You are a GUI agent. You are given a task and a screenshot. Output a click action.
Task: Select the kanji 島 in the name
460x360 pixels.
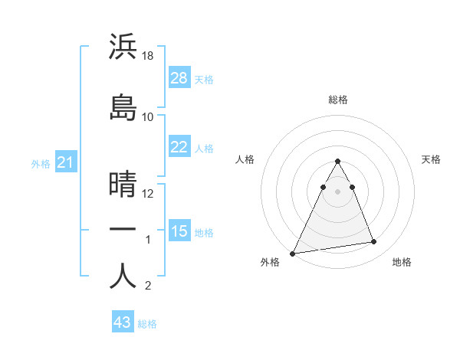(123, 106)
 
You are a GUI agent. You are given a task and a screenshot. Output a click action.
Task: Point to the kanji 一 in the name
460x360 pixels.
(123, 230)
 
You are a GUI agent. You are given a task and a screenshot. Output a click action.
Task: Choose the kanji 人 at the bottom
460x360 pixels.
(123, 275)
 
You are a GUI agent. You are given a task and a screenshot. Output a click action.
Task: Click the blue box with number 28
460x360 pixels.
(179, 78)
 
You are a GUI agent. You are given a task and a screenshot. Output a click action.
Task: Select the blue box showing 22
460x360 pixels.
(179, 147)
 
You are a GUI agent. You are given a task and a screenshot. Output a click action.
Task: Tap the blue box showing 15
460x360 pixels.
(179, 231)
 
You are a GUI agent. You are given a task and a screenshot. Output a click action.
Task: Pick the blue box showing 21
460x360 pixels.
(66, 162)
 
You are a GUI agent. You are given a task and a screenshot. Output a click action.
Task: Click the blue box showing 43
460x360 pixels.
(123, 322)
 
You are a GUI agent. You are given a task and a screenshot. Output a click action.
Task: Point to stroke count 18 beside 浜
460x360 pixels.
(148, 56)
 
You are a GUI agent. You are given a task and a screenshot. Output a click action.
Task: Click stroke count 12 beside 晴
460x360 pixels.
(148, 193)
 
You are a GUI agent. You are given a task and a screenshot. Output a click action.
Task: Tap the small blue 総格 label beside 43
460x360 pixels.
(147, 324)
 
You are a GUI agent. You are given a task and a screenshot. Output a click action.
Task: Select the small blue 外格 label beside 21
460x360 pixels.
(41, 164)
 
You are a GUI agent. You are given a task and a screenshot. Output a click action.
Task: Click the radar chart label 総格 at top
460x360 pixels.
(337, 100)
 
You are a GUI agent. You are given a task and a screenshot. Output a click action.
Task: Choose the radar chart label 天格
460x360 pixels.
(431, 159)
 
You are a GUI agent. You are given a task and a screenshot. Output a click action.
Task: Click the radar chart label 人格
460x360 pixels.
(245, 159)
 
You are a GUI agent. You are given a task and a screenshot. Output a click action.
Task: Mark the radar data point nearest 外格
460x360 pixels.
(293, 253)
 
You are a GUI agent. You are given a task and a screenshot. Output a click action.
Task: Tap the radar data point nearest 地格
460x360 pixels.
(374, 242)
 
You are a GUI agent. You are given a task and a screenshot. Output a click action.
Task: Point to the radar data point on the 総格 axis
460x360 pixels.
(337, 162)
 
